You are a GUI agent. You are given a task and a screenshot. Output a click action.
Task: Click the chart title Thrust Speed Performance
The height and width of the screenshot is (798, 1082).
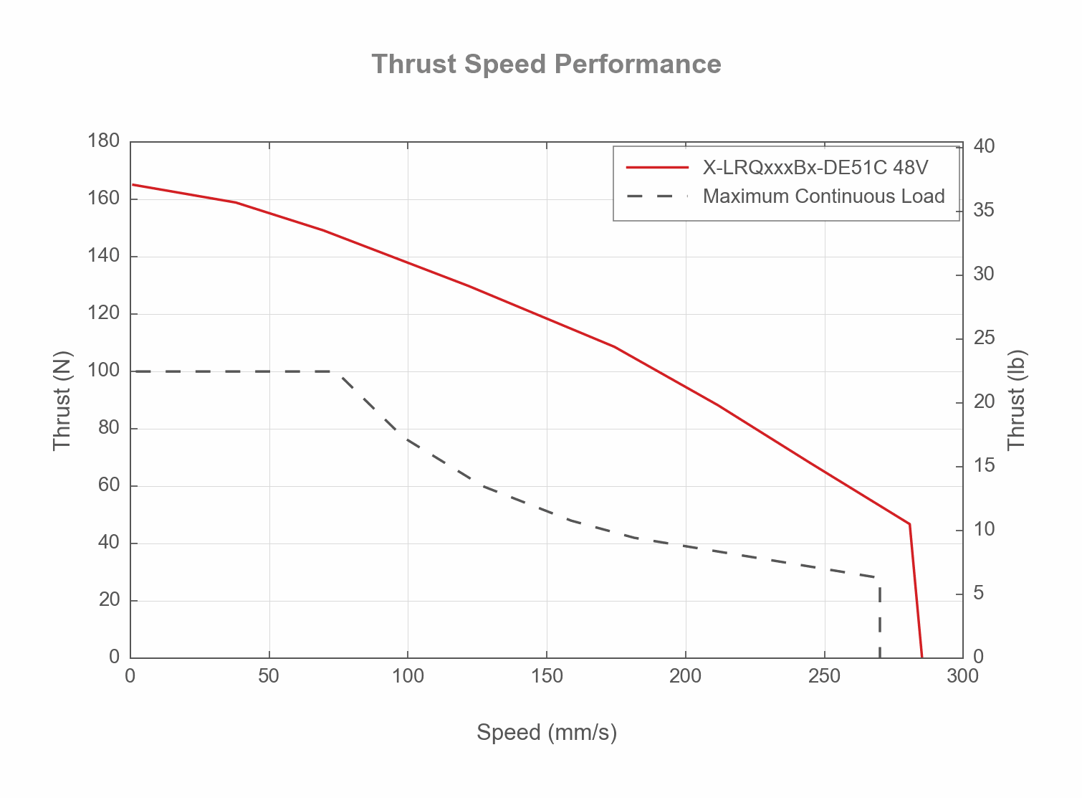[546, 65]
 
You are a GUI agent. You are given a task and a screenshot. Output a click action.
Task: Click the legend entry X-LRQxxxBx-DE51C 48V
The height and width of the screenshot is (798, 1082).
[815, 168]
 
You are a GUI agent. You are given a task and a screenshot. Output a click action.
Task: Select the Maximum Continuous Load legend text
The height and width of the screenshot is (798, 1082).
[823, 196]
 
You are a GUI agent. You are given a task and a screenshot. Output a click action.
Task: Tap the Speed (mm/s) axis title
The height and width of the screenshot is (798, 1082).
[546, 732]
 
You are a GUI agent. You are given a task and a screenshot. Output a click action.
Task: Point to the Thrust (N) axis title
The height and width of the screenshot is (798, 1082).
[62, 400]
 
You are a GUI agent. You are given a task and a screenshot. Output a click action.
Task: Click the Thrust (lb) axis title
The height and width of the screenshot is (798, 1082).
[1017, 400]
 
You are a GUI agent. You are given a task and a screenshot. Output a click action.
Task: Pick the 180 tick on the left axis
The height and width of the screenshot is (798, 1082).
[103, 141]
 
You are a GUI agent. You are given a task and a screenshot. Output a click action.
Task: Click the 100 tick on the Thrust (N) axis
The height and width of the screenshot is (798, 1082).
[103, 371]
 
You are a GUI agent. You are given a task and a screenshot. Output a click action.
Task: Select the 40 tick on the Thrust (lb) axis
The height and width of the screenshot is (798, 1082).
[984, 147]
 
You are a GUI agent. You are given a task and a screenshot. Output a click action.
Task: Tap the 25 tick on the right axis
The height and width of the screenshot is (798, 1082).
[984, 338]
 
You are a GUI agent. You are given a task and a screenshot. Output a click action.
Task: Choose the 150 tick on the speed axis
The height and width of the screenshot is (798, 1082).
[546, 676]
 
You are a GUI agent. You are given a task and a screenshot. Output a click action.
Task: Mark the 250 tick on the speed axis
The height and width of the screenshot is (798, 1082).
[824, 676]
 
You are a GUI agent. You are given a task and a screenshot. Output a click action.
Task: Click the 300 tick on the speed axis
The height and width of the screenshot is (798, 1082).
[962, 676]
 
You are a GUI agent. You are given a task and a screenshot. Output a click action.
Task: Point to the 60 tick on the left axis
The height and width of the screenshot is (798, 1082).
[108, 485]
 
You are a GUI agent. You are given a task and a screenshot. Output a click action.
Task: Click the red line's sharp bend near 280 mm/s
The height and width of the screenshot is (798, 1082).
[910, 524]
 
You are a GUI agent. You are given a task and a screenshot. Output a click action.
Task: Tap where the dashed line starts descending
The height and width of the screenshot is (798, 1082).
[338, 371]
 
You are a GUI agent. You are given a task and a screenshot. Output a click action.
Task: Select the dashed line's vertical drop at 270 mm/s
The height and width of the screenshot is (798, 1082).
[879, 617]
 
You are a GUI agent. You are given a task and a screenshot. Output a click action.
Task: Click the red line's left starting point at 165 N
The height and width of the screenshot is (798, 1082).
[133, 184]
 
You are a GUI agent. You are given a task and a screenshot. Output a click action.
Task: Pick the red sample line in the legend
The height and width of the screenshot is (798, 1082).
[657, 168]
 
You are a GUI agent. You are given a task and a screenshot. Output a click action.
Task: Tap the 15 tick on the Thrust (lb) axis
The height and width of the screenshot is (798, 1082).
[984, 466]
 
